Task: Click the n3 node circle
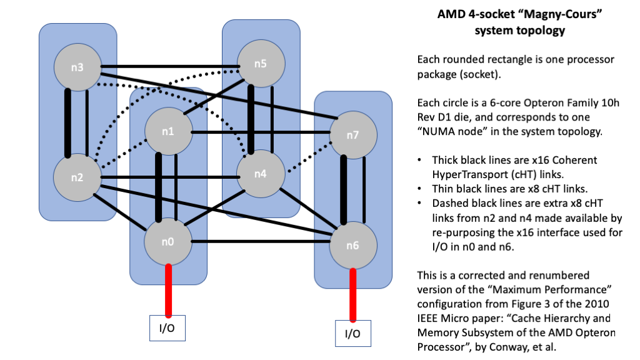[77, 67]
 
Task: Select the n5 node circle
[260, 64]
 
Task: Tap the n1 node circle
[167, 132]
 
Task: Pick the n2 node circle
[77, 177]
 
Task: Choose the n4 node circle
[260, 173]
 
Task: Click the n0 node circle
[167, 241]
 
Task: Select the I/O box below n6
[352, 333]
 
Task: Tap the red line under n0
[168, 291]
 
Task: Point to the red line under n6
[353, 295]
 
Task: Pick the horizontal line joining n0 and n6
[260, 242]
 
